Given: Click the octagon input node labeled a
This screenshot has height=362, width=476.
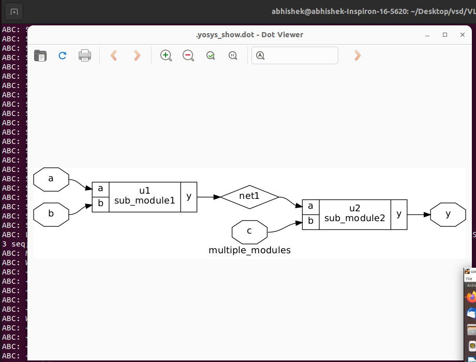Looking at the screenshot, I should pyautogui.click(x=51, y=179).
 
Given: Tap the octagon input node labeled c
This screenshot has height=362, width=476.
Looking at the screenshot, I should pyautogui.click(x=249, y=231).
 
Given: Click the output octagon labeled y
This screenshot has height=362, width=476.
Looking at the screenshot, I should pyautogui.click(x=448, y=214).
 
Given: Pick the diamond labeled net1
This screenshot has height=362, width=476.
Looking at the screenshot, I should pyautogui.click(x=249, y=197).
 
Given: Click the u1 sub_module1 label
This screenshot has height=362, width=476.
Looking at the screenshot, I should pyautogui.click(x=145, y=197).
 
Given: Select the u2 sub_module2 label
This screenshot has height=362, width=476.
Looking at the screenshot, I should pyautogui.click(x=355, y=214).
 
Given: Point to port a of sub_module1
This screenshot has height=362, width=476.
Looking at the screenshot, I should pyautogui.click(x=100, y=189).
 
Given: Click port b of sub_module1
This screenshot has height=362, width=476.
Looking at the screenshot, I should pyautogui.click(x=100, y=204).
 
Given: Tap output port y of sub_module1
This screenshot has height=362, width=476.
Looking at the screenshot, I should pyautogui.click(x=188, y=197).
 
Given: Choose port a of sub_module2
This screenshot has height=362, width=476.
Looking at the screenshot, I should pyautogui.click(x=310, y=207).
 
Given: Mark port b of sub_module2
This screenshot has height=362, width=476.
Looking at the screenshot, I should pyautogui.click(x=310, y=222).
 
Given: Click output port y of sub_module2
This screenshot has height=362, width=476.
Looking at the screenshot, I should pyautogui.click(x=398, y=214).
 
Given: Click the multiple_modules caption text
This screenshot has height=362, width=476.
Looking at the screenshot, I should pyautogui.click(x=249, y=251).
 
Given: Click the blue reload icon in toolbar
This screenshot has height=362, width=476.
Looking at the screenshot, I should pyautogui.click(x=63, y=55).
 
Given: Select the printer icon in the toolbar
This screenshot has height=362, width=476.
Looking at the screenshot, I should pyautogui.click(x=85, y=55).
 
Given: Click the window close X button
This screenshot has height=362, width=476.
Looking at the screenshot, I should pyautogui.click(x=463, y=35).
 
